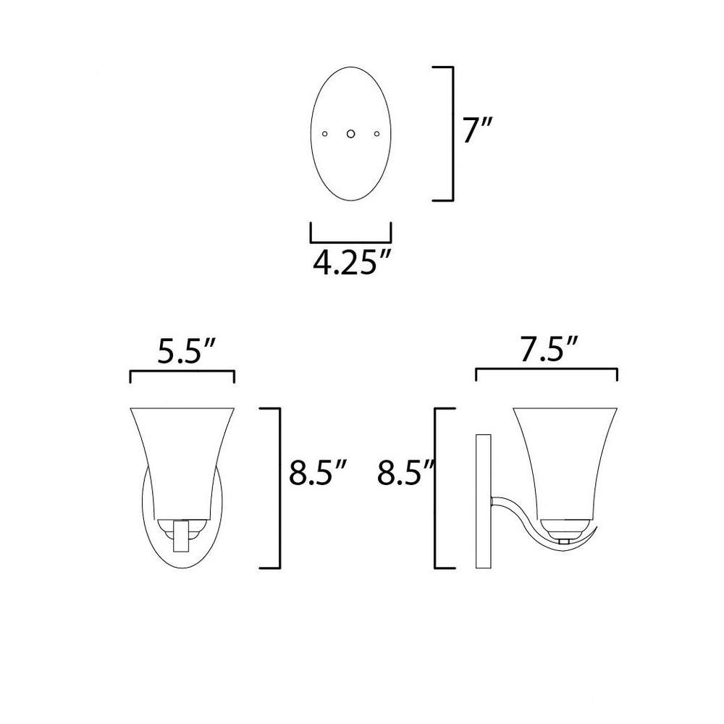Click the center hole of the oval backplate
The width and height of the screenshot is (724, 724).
351,134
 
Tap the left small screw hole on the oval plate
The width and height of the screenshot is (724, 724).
324,134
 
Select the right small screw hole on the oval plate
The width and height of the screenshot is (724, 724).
376,134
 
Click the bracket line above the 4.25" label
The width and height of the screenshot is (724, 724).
351,242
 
